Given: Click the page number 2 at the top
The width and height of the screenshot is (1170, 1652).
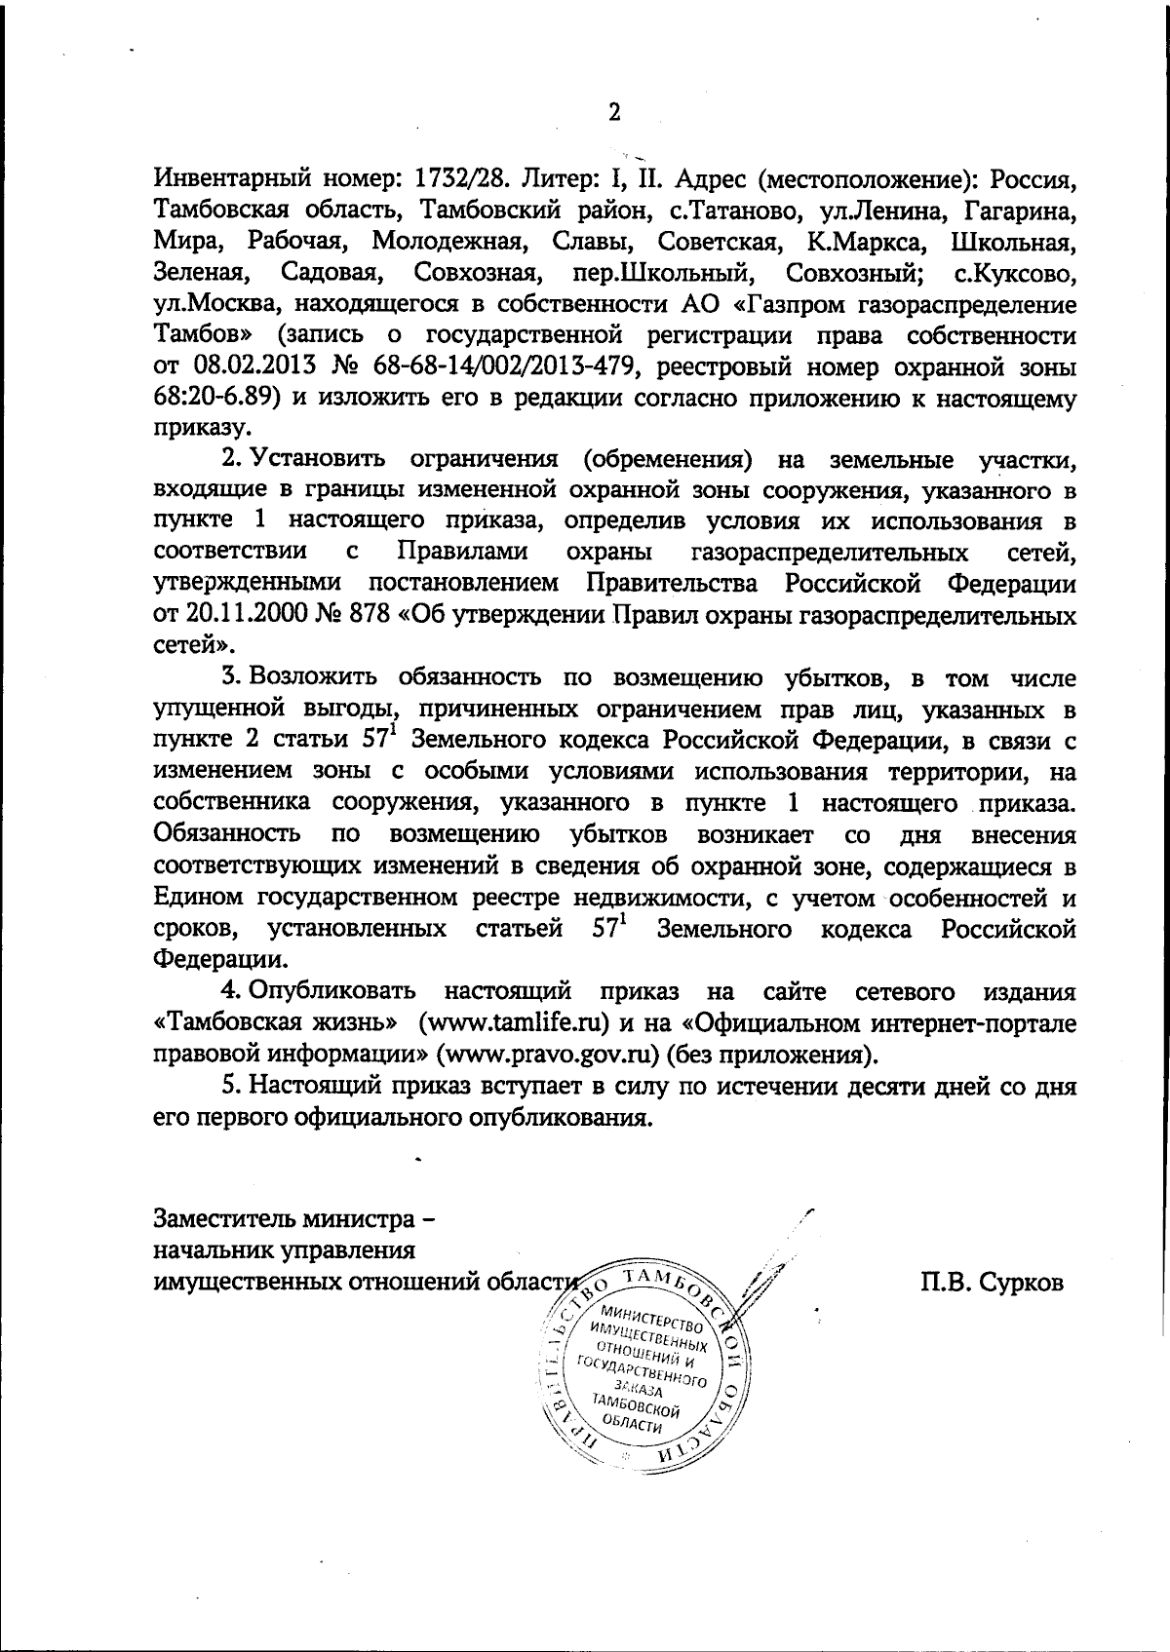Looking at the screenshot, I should tap(614, 113).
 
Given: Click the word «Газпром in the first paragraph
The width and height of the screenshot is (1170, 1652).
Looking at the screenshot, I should tap(791, 306).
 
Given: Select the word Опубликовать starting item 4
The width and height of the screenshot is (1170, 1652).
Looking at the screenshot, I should tap(333, 992).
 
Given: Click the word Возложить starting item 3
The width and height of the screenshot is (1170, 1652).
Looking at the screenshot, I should tap(311, 678).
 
